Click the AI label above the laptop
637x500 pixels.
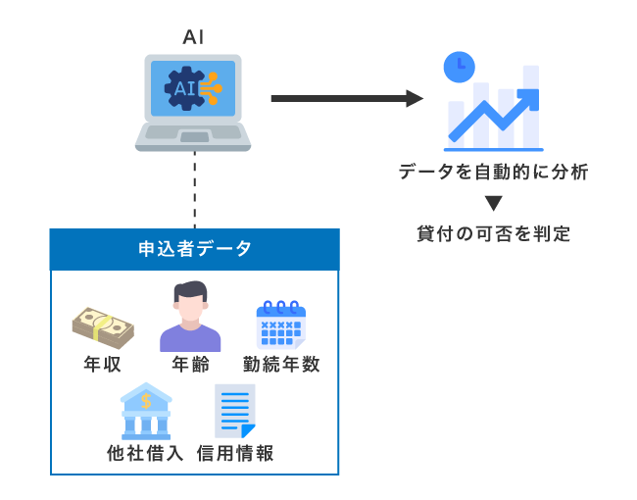(x=193, y=37)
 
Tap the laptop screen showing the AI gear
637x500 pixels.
(x=193, y=88)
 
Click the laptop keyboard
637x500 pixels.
(x=193, y=134)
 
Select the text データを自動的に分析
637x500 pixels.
(x=493, y=173)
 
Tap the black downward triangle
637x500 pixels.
(x=493, y=204)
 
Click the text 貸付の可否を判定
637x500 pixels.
(x=493, y=234)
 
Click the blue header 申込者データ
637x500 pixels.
(x=194, y=249)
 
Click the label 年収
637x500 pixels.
(x=103, y=365)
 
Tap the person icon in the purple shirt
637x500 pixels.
(x=190, y=318)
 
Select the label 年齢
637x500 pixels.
(x=190, y=365)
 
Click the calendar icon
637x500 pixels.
(x=281, y=325)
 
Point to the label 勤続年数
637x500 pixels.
(x=281, y=365)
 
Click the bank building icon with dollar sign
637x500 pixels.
(x=145, y=411)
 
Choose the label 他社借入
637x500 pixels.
(x=145, y=453)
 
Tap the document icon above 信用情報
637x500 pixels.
(x=234, y=411)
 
